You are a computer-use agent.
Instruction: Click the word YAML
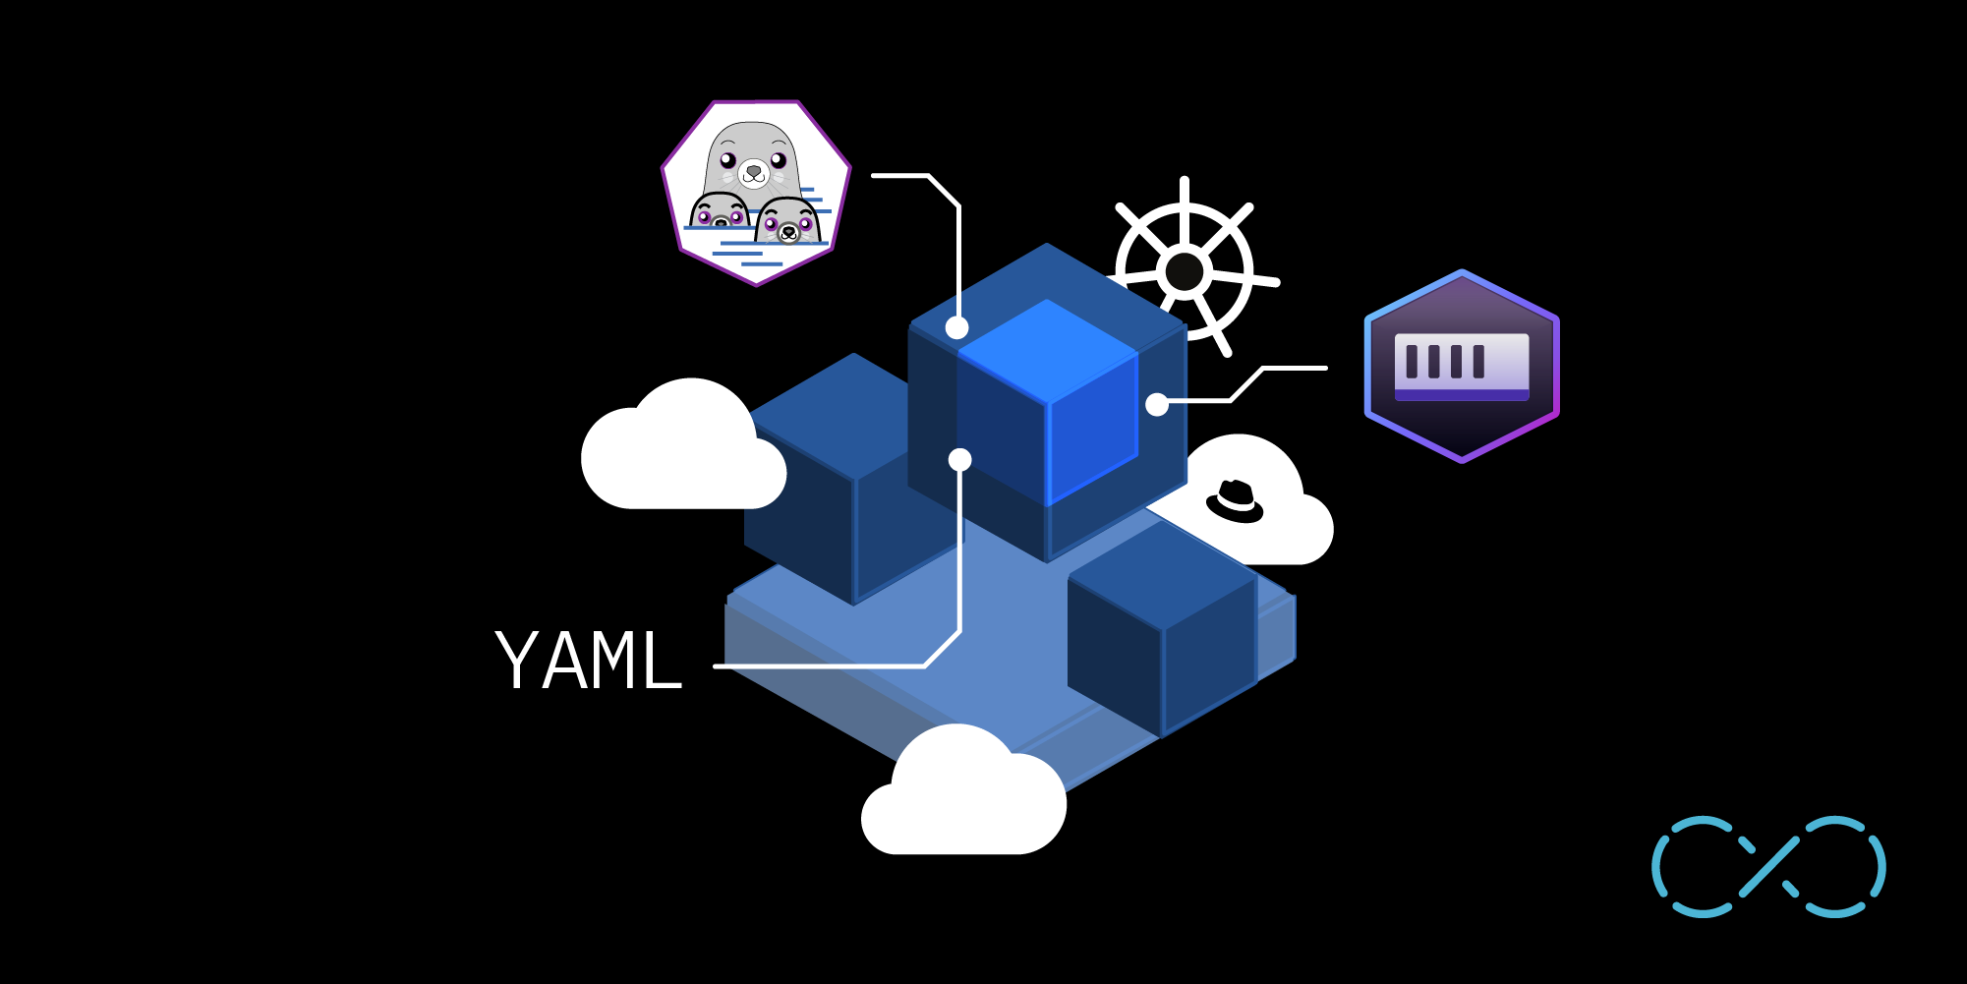pyautogui.click(x=588, y=661)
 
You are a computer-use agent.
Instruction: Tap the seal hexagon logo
pyautogui.click(x=755, y=193)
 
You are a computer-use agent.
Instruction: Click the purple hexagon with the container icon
pyautogui.click(x=1462, y=366)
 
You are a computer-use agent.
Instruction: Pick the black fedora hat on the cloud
pyautogui.click(x=1235, y=500)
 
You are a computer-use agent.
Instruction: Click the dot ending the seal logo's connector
pyautogui.click(x=957, y=327)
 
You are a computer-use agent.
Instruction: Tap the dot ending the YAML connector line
pyautogui.click(x=960, y=459)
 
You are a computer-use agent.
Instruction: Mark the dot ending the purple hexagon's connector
pyautogui.click(x=1157, y=404)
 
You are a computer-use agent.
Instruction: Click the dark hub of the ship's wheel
pyautogui.click(x=1184, y=271)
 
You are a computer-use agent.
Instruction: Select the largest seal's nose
pyautogui.click(x=754, y=171)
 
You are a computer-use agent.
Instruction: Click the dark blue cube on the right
pyautogui.click(x=1162, y=629)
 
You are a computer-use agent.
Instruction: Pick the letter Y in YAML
pyautogui.click(x=518, y=661)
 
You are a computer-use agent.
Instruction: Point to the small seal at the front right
pyautogui.click(x=788, y=222)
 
